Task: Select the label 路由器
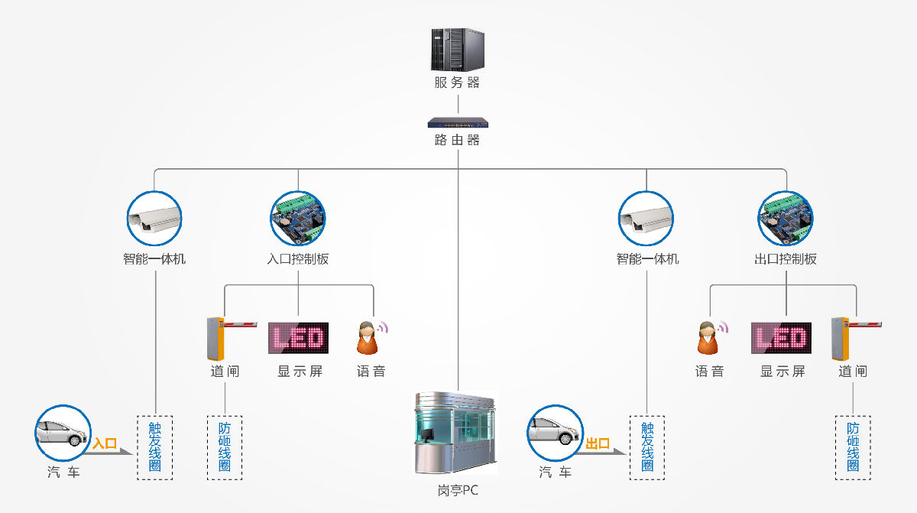coord(457,141)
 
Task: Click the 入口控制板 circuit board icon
coord(298,218)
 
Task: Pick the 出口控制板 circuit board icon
coord(786,218)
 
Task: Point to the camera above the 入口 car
coord(154,218)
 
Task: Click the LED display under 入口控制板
coord(298,338)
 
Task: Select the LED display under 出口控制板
coord(783,338)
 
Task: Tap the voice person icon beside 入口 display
coord(370,338)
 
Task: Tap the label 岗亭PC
coord(457,490)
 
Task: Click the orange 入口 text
coord(105,443)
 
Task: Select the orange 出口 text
coord(598,443)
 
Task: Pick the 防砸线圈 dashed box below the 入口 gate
coord(225,447)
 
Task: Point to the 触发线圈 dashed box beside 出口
coord(647,447)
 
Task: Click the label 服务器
coord(457,83)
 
